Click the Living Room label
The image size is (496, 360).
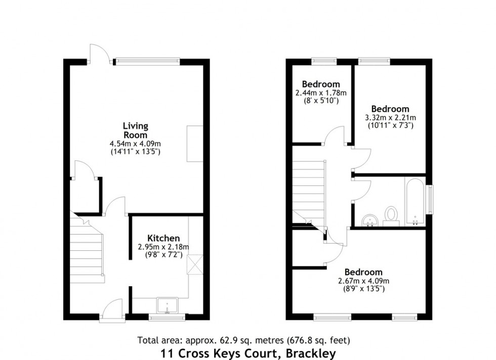tap(135, 130)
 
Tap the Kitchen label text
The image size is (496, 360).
tap(163, 238)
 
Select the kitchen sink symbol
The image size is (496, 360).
tap(167, 306)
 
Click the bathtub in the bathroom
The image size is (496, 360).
tap(415, 201)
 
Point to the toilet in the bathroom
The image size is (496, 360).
tap(391, 214)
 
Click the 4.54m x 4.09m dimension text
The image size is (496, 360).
tap(135, 143)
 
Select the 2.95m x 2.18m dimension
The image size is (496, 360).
tap(163, 247)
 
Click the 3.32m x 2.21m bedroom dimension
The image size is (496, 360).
tap(390, 118)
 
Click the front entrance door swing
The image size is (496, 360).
tap(112, 309)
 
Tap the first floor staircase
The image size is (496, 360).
tap(309, 190)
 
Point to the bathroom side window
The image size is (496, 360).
tap(431, 200)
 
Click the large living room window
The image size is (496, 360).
tap(147, 62)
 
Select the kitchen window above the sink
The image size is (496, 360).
tap(168, 317)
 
